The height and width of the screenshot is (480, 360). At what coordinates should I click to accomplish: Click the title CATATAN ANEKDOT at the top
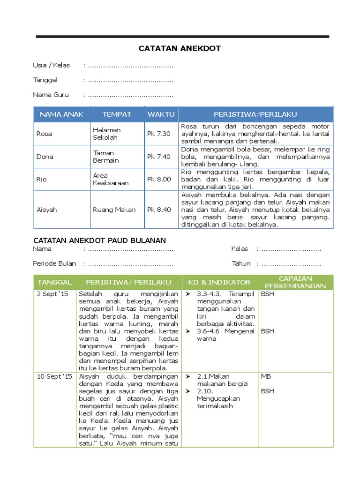pos(180,48)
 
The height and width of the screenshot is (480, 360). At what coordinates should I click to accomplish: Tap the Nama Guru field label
pos(51,95)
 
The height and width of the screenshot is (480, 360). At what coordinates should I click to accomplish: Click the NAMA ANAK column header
pos(61,114)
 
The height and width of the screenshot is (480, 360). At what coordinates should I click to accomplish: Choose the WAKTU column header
pos(161,114)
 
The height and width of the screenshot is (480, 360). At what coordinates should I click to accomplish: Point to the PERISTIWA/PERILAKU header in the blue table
pos(255,114)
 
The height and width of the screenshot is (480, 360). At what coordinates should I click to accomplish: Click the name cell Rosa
pos(44,134)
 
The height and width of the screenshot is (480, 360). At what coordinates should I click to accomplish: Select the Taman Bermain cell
pos(106,157)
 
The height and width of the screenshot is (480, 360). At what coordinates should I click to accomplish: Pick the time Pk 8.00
pos(159,179)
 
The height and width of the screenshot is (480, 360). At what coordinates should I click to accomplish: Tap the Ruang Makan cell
pos(114,210)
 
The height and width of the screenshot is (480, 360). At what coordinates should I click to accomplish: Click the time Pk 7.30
pos(159,134)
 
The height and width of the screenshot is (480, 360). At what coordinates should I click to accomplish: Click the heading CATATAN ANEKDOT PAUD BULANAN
pos(99,240)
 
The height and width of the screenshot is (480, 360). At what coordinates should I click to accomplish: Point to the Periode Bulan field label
pos(54,263)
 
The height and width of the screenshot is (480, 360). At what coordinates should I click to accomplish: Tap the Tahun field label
pos(241,263)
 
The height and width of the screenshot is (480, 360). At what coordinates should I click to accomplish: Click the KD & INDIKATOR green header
pos(219,282)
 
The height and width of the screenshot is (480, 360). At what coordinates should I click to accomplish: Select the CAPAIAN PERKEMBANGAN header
pos(295,282)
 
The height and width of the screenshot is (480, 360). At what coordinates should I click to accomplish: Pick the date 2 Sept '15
pos(52,294)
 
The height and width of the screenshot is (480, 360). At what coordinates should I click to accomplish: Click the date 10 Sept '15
pos(54,376)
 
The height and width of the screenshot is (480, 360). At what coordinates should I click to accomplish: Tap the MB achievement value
pos(265,376)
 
